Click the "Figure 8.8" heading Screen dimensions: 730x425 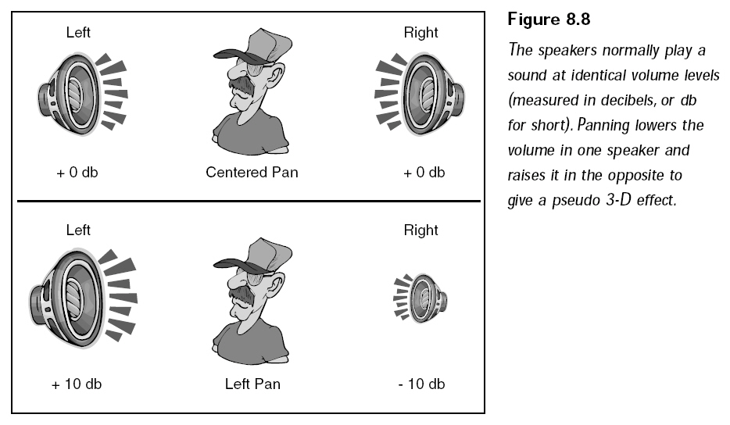[x=549, y=20]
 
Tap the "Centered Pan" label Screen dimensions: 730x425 [x=252, y=172]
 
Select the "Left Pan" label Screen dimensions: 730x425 [x=252, y=384]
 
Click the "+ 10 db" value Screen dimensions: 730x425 [x=77, y=384]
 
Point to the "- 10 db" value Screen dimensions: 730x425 [x=422, y=384]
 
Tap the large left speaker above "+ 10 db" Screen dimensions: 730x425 [x=83, y=298]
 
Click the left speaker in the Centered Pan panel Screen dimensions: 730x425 [x=82, y=95]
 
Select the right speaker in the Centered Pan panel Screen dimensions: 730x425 [x=420, y=95]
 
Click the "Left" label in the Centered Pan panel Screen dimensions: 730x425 [x=77, y=32]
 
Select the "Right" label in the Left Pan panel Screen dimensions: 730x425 [x=420, y=230]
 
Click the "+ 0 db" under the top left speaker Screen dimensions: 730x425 [x=77, y=172]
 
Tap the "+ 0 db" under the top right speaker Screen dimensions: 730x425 [x=424, y=172]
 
